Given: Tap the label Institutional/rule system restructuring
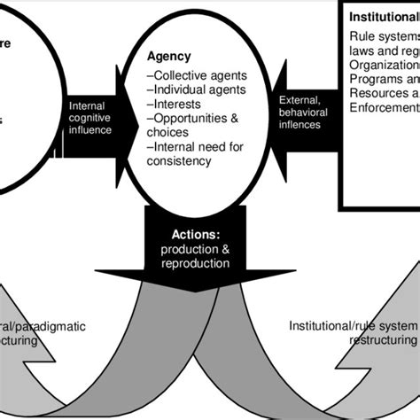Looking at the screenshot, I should click(353, 333).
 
